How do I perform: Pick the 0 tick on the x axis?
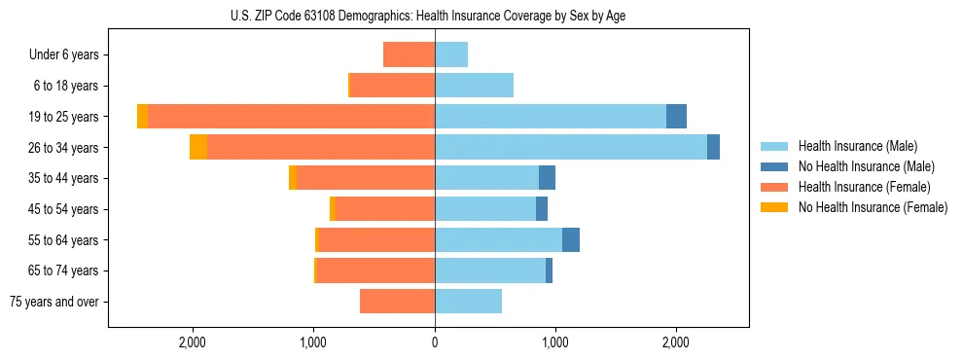(x=435, y=342)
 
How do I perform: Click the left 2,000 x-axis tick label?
(x=193, y=342)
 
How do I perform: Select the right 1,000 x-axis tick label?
(x=555, y=342)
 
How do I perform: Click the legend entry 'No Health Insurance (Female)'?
(x=873, y=207)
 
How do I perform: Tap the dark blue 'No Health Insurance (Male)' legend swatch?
(x=774, y=166)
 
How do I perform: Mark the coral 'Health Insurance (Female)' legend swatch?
(x=774, y=187)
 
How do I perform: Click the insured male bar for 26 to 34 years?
(x=570, y=147)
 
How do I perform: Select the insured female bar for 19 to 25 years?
(x=291, y=117)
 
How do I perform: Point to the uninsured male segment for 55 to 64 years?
(x=571, y=239)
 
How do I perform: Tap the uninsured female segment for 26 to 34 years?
(x=198, y=147)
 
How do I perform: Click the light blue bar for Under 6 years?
(x=451, y=54)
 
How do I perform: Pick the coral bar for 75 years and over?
(x=397, y=302)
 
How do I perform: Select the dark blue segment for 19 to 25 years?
(x=676, y=117)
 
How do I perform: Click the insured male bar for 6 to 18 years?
(x=474, y=86)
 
